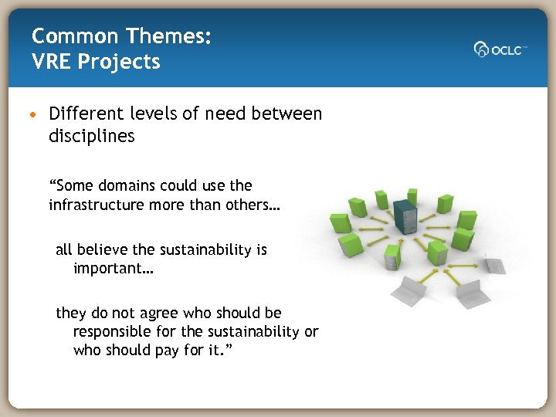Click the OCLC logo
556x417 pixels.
point(500,49)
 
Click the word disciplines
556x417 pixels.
point(91,136)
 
